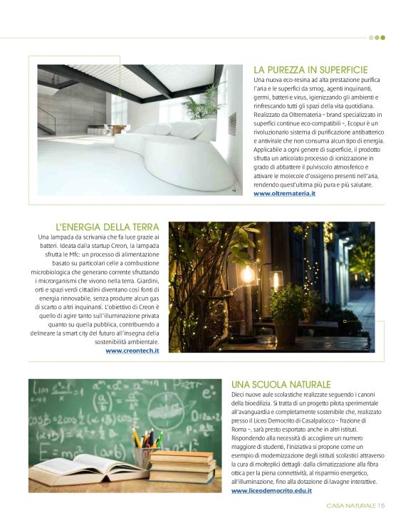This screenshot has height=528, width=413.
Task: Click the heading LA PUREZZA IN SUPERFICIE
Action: coord(310,70)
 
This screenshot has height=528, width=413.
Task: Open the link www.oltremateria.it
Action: coord(284,193)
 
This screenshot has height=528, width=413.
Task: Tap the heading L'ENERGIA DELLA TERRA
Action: coord(107,227)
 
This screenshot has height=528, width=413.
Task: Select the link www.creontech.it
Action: coord(132,350)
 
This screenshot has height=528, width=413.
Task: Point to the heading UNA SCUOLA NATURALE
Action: coord(281,384)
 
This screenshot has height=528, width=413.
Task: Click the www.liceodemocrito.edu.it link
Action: coord(271,491)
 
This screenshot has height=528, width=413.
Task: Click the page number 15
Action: coord(382,505)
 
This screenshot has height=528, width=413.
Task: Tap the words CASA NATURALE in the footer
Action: coord(352,505)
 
